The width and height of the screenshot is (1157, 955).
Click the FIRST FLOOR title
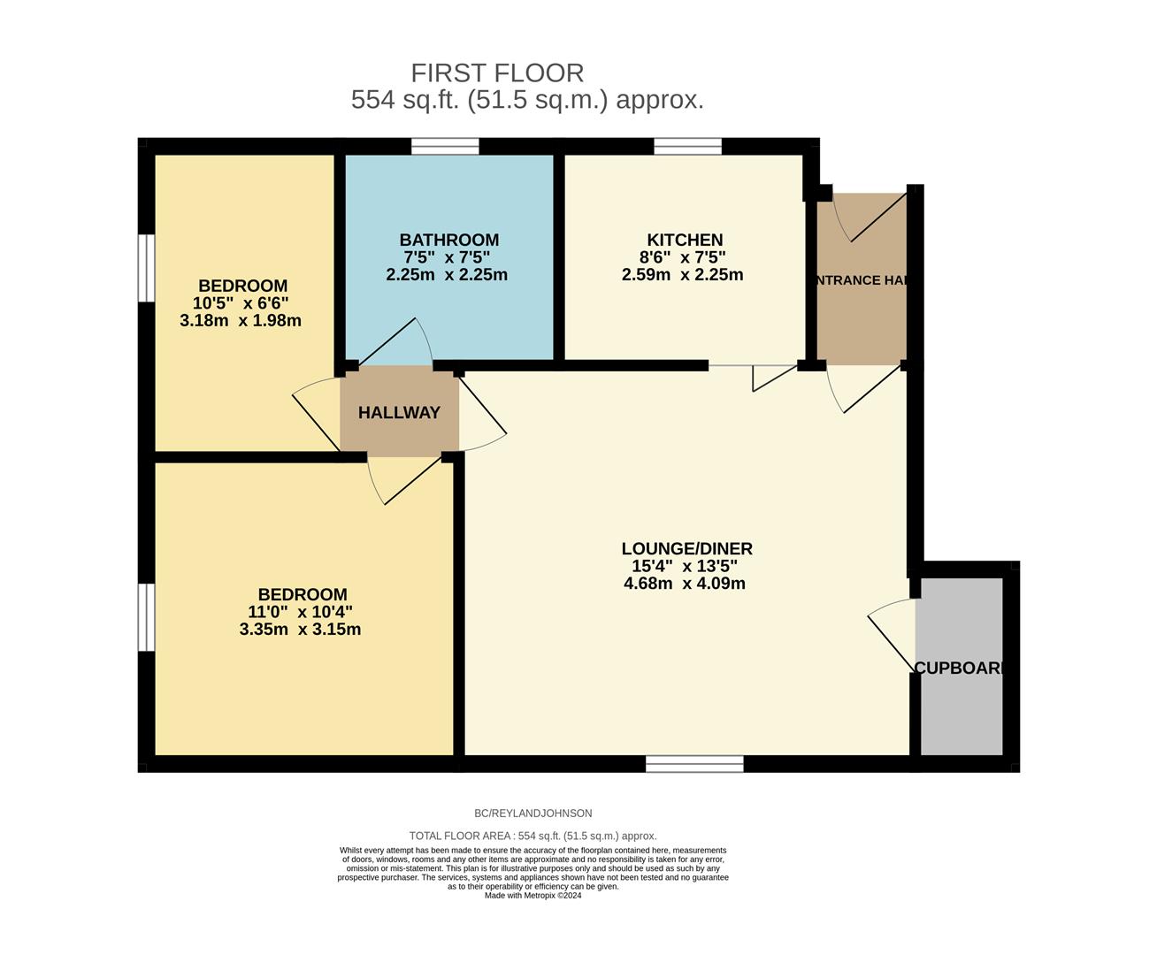[497, 73]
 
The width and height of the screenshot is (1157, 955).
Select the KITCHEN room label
[685, 240]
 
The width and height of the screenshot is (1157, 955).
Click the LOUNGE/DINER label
[686, 548]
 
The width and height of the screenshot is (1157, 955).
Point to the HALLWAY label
[399, 413]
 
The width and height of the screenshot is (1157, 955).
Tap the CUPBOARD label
[960, 668]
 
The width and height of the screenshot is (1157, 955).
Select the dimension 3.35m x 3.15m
[300, 630]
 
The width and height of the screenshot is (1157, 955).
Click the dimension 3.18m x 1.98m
[241, 320]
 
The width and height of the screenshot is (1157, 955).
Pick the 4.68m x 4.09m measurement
[684, 584]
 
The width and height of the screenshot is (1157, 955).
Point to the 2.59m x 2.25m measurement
[682, 275]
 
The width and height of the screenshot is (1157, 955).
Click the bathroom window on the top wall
[446, 147]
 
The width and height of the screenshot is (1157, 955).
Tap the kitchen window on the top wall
[687, 147]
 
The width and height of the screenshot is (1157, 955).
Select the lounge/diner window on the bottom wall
[694, 764]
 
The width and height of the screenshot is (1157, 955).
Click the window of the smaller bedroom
[147, 268]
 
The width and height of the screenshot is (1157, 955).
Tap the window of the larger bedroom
[147, 617]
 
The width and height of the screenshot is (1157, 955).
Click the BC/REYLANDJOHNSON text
[533, 814]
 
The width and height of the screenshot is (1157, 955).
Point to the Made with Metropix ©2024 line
[533, 896]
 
